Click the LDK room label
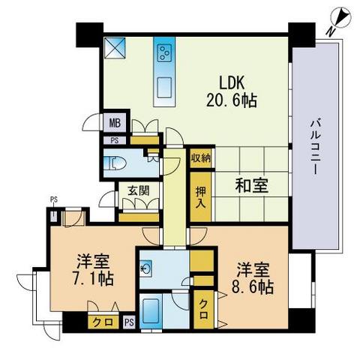pos(232,82)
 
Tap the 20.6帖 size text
pos(232,100)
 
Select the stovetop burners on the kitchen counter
pos(164,52)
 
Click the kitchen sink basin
pos(164,87)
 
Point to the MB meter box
pos(115,123)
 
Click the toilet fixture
pos(115,163)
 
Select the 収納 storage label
pos(201,158)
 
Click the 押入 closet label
pos(201,197)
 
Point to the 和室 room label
pos(251,185)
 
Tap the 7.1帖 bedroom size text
pos(93,279)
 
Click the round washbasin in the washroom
pos(145,268)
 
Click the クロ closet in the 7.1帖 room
pos(103,322)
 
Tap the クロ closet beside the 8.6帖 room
pos(204,309)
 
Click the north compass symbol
pos(340,18)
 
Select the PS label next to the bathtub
pos(130,322)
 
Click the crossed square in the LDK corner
pos(115,48)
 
